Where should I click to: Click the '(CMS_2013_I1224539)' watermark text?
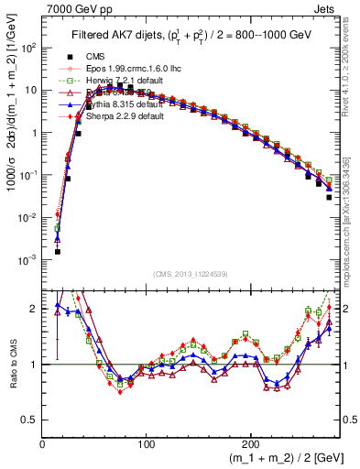click(x=191, y=274)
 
